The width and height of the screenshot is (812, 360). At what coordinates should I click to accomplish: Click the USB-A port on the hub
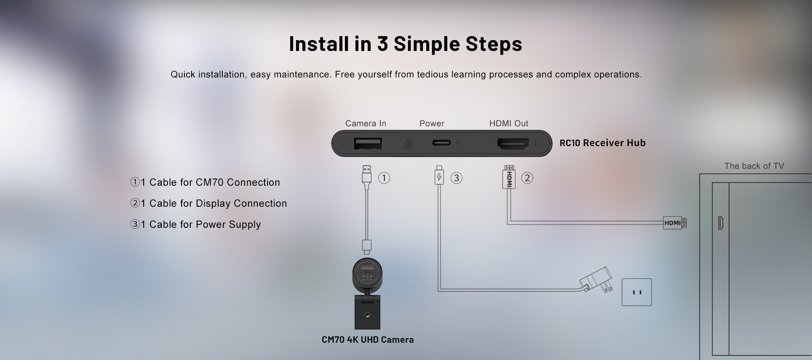[368, 144]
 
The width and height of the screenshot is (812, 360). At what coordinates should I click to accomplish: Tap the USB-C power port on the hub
[441, 143]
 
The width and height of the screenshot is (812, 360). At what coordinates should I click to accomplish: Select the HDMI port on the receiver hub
[513, 144]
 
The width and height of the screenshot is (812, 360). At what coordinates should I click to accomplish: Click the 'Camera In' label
[366, 123]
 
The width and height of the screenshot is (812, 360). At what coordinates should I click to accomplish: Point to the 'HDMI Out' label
[508, 123]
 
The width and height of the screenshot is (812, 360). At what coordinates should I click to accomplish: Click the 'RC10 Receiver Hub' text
[602, 143]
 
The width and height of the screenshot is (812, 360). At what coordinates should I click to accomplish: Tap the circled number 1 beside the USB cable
[384, 178]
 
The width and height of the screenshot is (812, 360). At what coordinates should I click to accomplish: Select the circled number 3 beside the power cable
[456, 178]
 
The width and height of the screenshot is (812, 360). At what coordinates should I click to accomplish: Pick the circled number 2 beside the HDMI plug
[527, 178]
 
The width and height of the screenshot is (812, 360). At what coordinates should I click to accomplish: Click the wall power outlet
[636, 292]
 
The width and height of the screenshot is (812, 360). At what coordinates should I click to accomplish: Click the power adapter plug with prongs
[596, 281]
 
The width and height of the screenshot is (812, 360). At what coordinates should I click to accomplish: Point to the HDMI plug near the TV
[674, 223]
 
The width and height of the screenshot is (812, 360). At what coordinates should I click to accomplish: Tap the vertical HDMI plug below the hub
[509, 178]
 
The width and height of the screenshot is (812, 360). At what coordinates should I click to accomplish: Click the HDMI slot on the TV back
[720, 223]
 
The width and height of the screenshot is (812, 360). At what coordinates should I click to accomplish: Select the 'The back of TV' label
[754, 166]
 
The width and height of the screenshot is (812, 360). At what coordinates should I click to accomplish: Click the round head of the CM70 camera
[367, 272]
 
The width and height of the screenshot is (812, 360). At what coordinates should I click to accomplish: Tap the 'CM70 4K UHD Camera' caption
[367, 339]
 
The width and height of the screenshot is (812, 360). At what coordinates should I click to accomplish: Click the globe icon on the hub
[406, 143]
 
